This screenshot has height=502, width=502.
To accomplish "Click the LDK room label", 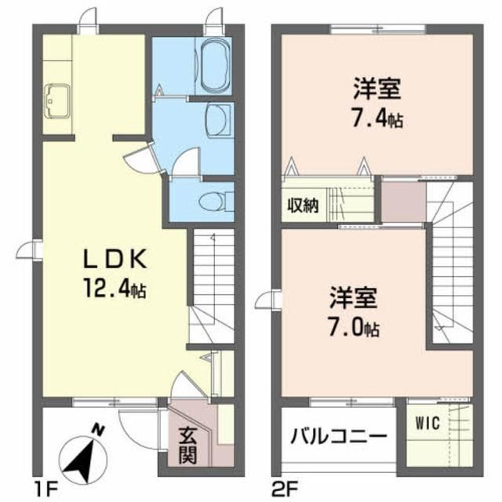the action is click(x=115, y=259).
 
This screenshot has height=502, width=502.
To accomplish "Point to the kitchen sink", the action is click(x=56, y=101).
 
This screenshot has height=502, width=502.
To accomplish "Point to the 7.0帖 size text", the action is click(x=354, y=327).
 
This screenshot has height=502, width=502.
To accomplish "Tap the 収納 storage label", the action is click(x=303, y=206).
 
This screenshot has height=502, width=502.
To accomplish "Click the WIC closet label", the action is click(x=427, y=424).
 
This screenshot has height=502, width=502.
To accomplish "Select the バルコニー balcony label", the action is click(x=339, y=436).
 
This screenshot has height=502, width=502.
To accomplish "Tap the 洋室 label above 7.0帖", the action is click(x=354, y=298).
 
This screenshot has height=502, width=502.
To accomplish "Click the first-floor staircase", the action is click(x=212, y=286).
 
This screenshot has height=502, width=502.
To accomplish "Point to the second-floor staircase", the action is click(x=450, y=263).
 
